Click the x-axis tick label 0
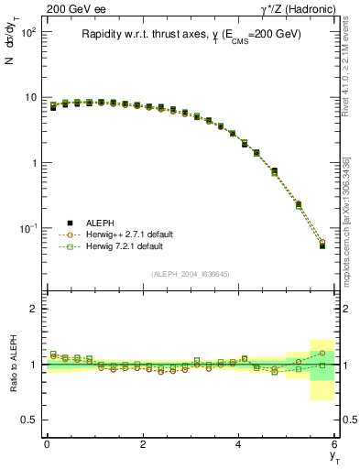click(x=47, y=443)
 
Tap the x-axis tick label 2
click(x=143, y=443)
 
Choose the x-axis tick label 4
click(x=239, y=443)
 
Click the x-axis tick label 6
click(x=335, y=443)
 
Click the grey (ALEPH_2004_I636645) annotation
click(x=191, y=274)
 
